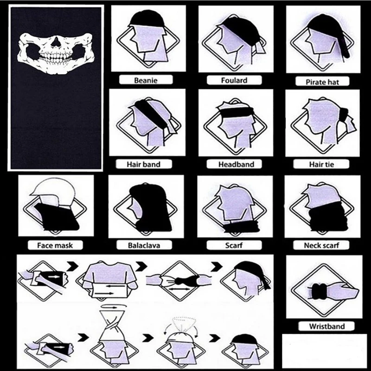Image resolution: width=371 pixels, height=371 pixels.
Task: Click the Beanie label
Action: (x=146, y=80)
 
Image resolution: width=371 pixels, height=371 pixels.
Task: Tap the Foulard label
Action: (x=234, y=80)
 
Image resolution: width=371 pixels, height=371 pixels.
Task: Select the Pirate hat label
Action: (x=322, y=82)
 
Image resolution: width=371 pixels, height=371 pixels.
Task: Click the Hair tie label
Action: (x=321, y=164)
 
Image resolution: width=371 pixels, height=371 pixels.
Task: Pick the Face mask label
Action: (x=55, y=245)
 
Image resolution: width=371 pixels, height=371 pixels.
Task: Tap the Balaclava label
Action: (x=144, y=245)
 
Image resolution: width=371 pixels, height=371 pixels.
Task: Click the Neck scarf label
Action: (x=322, y=245)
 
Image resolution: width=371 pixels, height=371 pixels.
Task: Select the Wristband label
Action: (x=326, y=326)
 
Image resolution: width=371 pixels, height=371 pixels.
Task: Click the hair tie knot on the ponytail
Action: (x=343, y=113)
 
